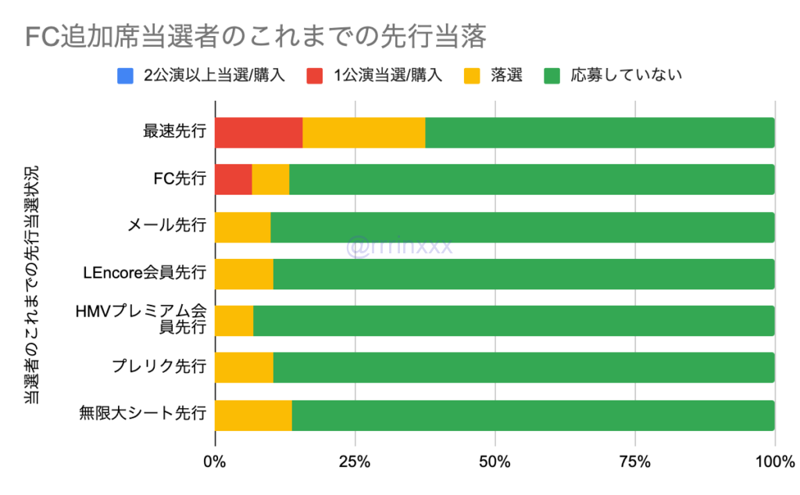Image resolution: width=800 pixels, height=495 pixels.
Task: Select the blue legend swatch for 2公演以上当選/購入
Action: click(x=125, y=76)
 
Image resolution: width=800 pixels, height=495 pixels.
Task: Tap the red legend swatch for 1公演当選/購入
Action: click(x=314, y=76)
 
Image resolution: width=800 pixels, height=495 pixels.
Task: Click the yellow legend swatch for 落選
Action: click(x=472, y=76)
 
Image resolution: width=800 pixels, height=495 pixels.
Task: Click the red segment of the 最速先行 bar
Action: click(x=259, y=132)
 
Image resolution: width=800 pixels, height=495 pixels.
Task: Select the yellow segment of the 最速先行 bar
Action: click(x=363, y=132)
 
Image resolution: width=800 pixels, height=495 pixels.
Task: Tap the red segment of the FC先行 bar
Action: click(x=233, y=179)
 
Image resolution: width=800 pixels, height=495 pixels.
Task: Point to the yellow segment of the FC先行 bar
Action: click(x=270, y=179)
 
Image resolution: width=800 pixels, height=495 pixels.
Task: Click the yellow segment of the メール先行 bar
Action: click(x=242, y=227)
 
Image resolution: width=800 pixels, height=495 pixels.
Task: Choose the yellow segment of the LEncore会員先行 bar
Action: click(x=244, y=274)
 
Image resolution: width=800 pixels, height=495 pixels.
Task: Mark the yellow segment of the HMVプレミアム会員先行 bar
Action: click(x=234, y=321)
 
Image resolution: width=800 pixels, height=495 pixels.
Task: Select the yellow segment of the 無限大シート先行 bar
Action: click(x=253, y=415)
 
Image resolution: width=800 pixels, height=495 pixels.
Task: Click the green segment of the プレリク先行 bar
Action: click(x=523, y=368)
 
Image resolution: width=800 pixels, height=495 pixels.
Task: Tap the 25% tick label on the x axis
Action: click(x=355, y=462)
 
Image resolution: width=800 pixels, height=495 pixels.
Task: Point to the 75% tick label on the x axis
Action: click(x=635, y=462)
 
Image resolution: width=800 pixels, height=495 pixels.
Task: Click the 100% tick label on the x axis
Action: click(x=773, y=462)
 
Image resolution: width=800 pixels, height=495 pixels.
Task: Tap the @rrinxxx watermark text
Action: click(x=399, y=247)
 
